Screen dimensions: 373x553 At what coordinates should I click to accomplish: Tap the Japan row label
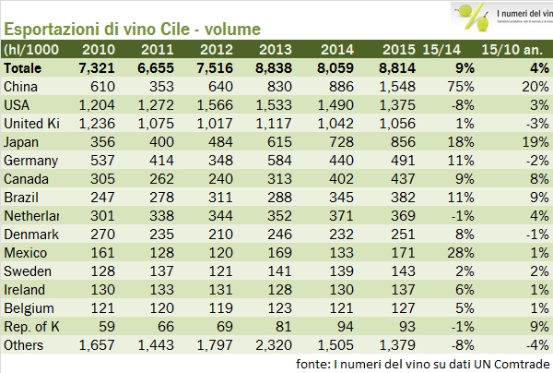pos(20,142)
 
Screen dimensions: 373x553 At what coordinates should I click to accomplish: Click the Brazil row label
pos(20,198)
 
